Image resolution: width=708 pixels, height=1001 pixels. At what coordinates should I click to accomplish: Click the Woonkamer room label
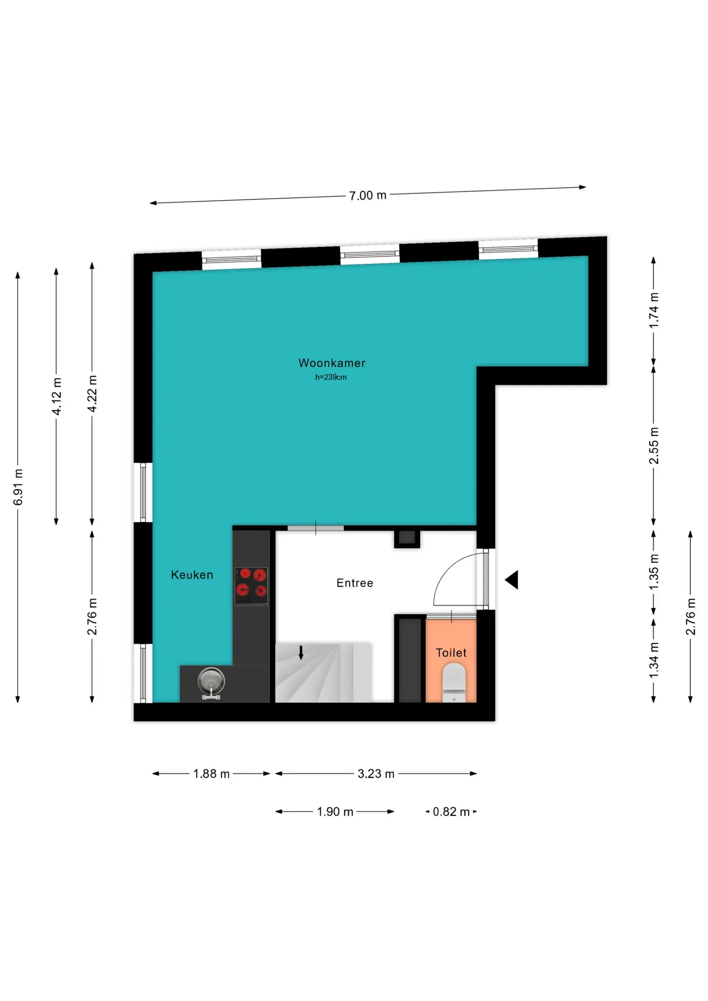(x=332, y=363)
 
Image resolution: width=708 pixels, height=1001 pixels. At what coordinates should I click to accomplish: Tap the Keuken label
(x=192, y=575)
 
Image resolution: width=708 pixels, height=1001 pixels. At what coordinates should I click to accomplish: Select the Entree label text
(x=355, y=583)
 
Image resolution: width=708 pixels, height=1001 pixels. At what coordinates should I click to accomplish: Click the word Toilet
(x=451, y=653)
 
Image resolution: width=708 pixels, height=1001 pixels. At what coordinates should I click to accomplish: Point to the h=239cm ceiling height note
(x=331, y=377)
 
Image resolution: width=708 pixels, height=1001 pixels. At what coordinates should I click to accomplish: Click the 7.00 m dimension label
(x=368, y=196)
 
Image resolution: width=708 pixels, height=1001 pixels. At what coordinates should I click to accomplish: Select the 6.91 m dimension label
(x=18, y=487)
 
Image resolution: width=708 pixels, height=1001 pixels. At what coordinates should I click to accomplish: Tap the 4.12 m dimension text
(x=56, y=396)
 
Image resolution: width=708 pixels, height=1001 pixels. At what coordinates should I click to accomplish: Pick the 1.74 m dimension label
(x=653, y=310)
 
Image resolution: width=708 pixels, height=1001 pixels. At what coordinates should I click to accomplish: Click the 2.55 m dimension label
(x=653, y=445)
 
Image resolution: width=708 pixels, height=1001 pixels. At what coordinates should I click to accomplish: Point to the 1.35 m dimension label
(x=653, y=572)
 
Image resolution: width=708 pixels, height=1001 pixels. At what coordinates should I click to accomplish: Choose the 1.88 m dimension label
(x=211, y=774)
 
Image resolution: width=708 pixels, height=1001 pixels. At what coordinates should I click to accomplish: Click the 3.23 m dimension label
(x=376, y=774)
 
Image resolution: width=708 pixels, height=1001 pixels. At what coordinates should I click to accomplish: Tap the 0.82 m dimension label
(x=451, y=812)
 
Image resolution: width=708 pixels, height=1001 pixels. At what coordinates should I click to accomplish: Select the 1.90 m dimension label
(x=335, y=812)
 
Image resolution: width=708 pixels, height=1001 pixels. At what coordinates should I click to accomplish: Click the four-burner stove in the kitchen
(x=251, y=585)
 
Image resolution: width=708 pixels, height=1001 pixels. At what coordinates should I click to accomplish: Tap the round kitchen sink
(x=211, y=681)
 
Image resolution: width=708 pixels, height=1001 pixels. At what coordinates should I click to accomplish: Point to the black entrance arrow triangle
(x=511, y=580)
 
